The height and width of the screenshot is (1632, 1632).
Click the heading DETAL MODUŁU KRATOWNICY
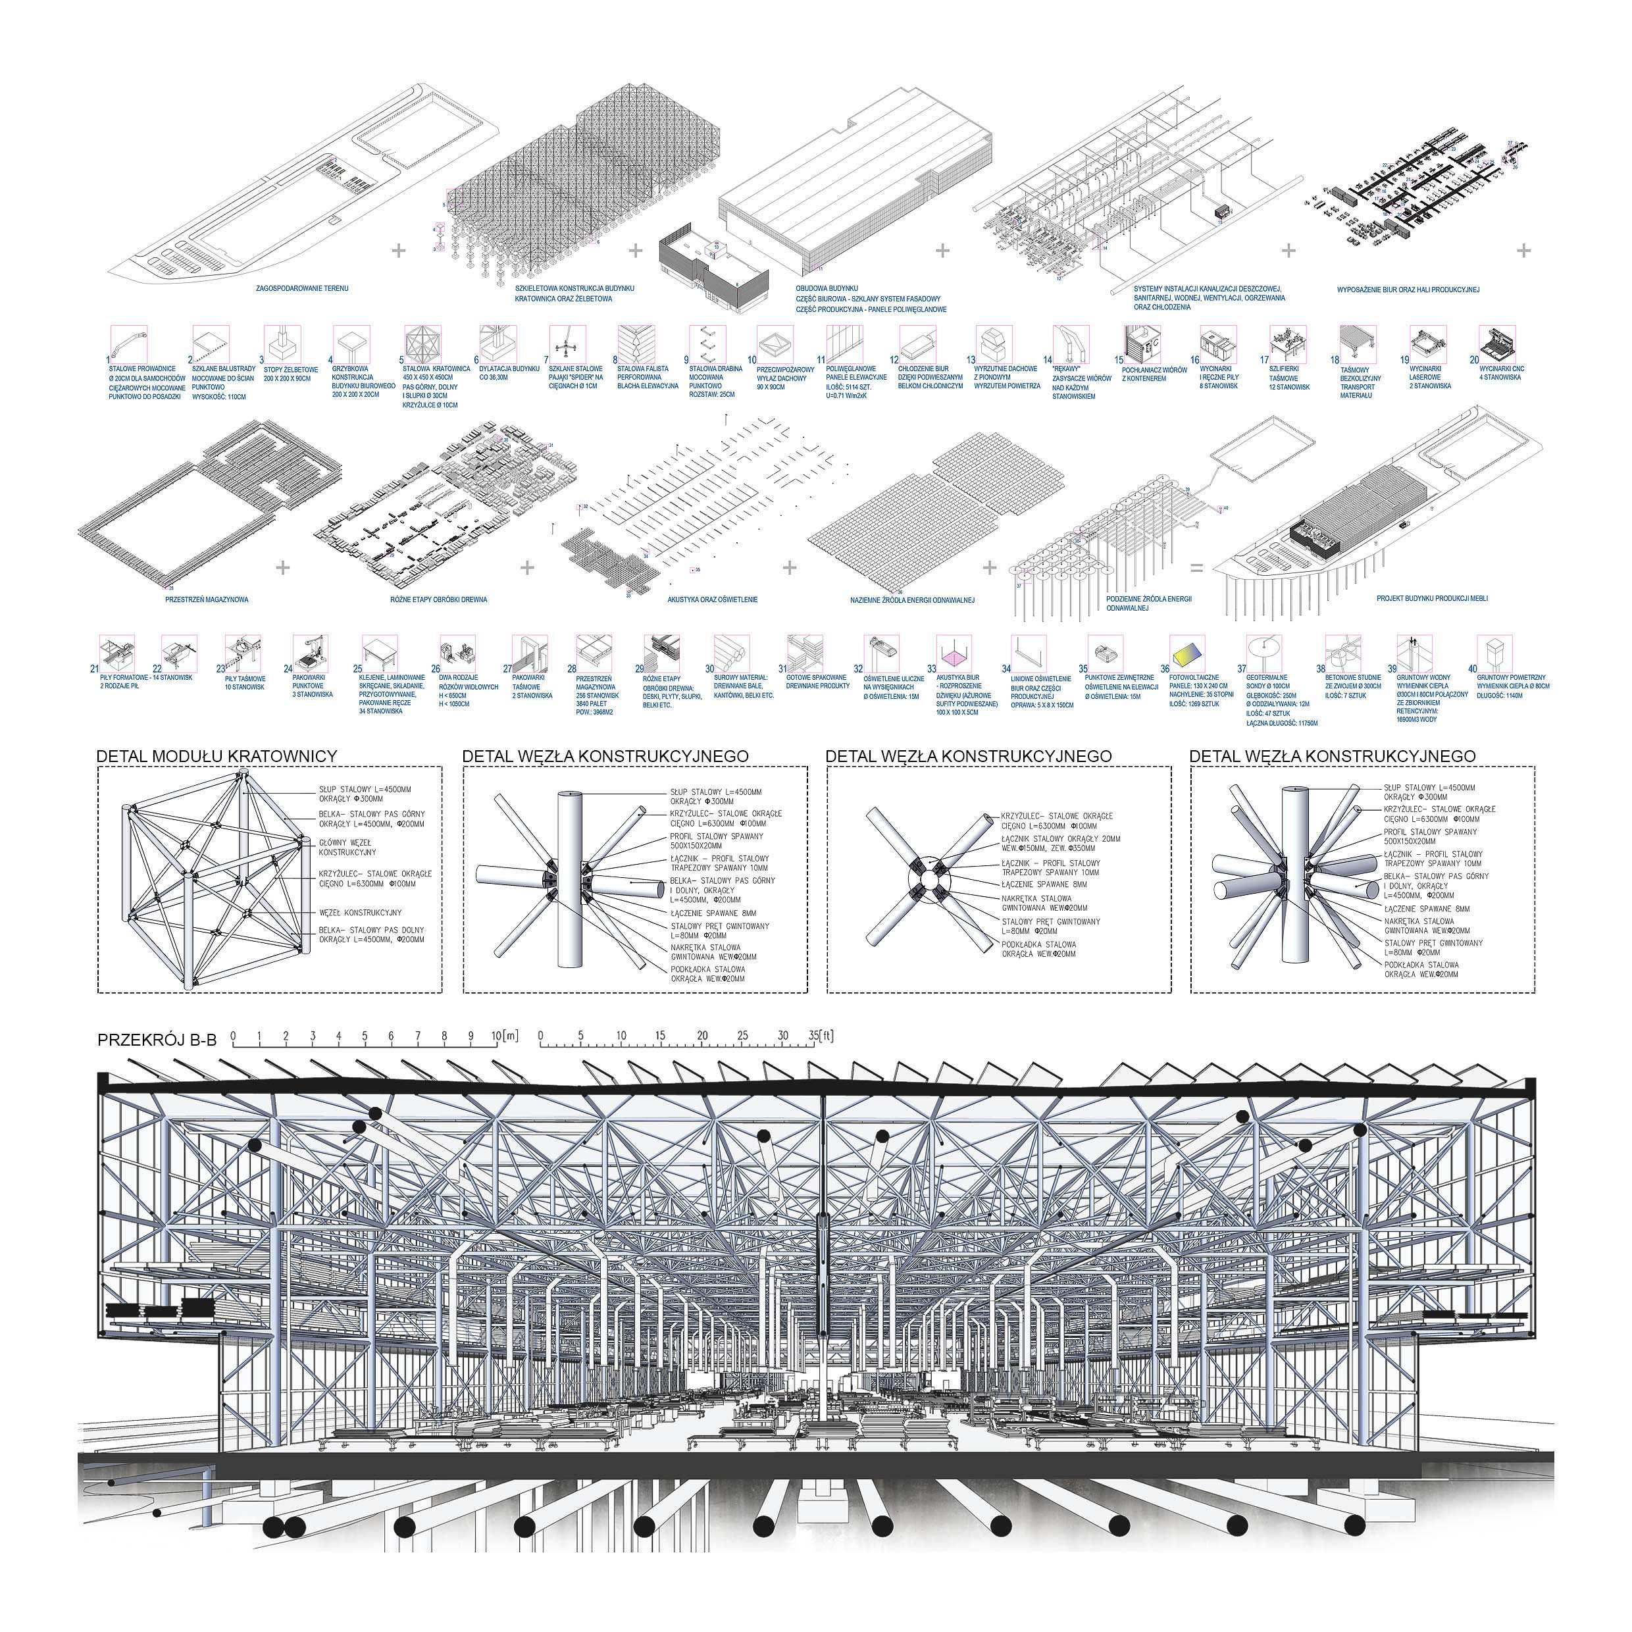point(217,756)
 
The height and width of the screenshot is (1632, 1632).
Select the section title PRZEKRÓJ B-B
point(156,1040)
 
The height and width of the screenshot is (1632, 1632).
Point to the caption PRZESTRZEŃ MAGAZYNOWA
point(207,599)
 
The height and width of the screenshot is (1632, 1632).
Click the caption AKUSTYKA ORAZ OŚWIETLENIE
point(711,599)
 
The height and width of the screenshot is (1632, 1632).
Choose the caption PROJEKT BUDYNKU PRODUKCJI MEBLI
point(1432,599)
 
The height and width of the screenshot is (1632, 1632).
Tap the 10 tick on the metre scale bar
point(496,1036)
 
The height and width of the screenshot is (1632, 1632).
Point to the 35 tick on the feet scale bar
point(812,1036)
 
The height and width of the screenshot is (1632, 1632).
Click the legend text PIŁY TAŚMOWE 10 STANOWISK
point(245,682)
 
